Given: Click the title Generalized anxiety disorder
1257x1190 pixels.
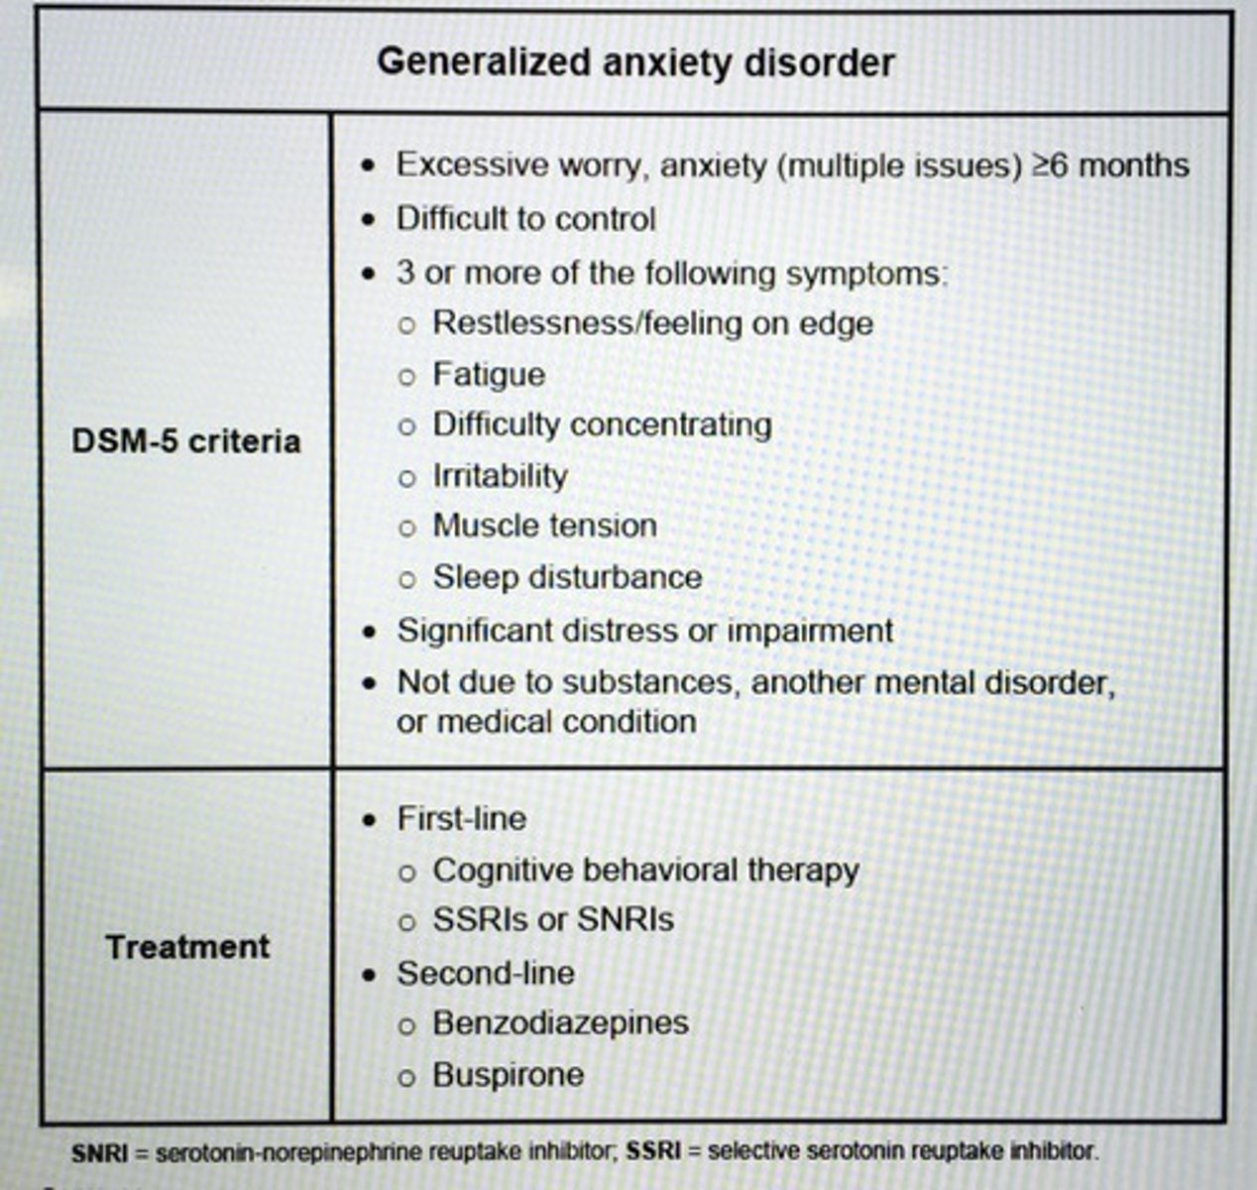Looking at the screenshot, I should [635, 62].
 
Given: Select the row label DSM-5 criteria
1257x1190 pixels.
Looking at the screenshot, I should [185, 440].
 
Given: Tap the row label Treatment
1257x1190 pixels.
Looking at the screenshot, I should [187, 946].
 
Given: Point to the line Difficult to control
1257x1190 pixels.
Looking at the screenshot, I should [525, 218].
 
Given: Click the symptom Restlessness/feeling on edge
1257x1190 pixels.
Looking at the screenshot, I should [652, 323].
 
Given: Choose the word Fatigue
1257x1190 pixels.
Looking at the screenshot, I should [489, 374].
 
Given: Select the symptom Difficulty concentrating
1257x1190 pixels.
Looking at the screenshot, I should [602, 424].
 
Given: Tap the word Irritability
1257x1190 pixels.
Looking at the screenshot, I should [500, 475].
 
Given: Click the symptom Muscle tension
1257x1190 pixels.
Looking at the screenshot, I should [544, 526].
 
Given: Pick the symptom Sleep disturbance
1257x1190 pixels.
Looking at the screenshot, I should [567, 577].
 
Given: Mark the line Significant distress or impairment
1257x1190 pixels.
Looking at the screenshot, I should [644, 631].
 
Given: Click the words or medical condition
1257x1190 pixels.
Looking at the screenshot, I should [546, 721].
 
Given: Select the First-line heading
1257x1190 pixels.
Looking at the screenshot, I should [461, 818].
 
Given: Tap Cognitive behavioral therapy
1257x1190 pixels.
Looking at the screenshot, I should [645, 870].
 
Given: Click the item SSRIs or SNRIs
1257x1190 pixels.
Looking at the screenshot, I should [553, 919].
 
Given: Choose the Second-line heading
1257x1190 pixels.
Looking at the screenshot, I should [486, 973].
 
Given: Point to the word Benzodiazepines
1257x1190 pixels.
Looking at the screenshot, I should [560, 1022].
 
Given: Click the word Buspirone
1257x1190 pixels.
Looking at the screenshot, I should [508, 1074].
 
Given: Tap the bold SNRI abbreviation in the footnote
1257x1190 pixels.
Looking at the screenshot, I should [99, 1153].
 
